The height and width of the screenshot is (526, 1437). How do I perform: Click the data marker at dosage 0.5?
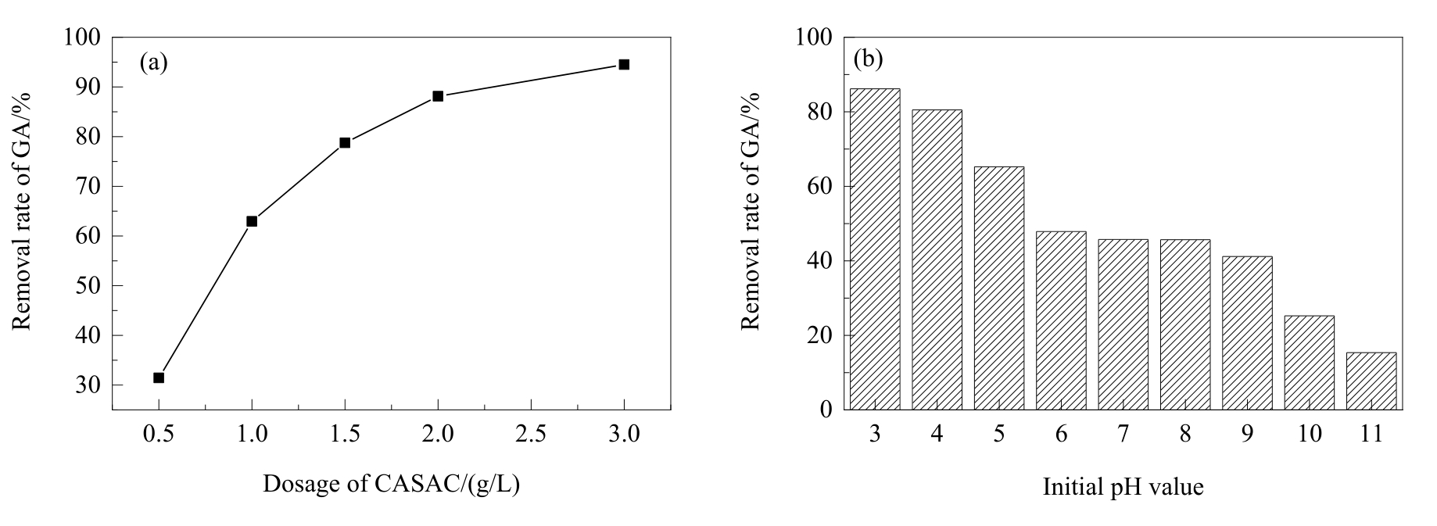[x=159, y=378]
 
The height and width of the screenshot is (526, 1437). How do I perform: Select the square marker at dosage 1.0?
[x=252, y=221]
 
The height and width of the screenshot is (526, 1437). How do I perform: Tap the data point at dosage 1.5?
[x=345, y=142]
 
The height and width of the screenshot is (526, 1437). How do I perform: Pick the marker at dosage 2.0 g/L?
[x=438, y=96]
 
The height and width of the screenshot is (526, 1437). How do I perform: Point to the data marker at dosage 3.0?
[x=624, y=64]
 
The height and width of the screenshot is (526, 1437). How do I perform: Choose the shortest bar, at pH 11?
[x=1371, y=381]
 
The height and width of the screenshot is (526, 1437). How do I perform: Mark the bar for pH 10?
[x=1310, y=363]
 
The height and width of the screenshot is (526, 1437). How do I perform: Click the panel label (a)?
[x=154, y=63]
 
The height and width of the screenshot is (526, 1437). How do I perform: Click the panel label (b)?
[x=869, y=59]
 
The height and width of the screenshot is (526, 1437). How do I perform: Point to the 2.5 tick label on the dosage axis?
[x=531, y=434]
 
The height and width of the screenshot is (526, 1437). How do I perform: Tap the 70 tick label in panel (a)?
[x=90, y=186]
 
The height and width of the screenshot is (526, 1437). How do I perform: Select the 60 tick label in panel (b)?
[x=816, y=186]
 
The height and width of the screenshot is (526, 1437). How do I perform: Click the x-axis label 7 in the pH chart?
[x=1123, y=434]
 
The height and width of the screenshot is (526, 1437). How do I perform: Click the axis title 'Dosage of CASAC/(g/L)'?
[x=391, y=485]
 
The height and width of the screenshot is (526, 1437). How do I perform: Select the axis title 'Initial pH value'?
[x=1123, y=488]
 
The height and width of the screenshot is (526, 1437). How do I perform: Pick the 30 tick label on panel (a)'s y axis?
[x=90, y=385]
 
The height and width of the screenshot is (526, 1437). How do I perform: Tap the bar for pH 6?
[x=1061, y=321]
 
